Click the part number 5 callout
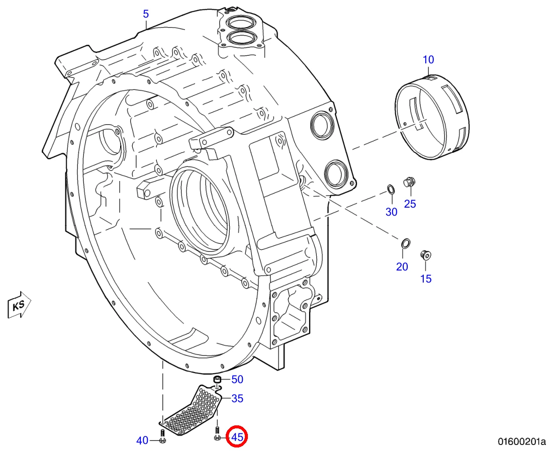point(146,14)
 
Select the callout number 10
point(428,59)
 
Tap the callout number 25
point(410,204)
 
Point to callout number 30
point(392,212)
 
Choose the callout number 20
point(402,266)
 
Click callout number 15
point(426,279)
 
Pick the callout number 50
point(237,379)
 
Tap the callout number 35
point(237,398)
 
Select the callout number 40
point(142,440)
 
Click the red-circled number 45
point(237,437)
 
